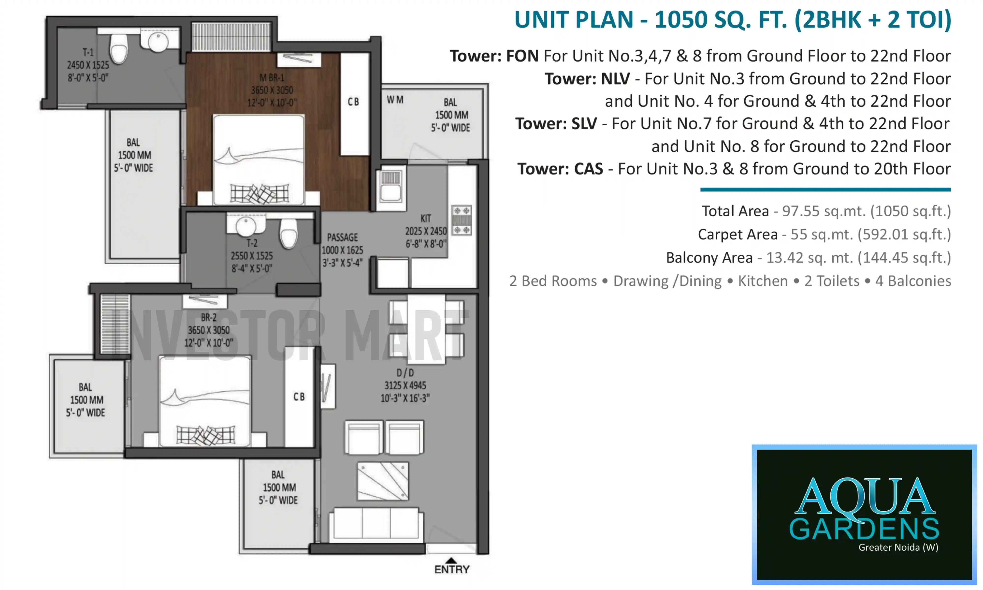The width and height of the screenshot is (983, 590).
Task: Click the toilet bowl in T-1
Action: (118, 48)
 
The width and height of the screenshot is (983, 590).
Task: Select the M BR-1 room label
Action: (272, 77)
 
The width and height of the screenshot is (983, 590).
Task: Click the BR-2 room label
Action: (209, 317)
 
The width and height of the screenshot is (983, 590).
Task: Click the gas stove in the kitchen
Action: (461, 220)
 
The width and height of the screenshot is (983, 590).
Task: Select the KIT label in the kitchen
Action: (426, 218)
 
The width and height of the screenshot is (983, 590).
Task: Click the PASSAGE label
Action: (342, 237)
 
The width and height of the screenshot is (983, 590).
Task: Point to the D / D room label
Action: (405, 372)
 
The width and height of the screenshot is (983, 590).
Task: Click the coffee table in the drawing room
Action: (383, 481)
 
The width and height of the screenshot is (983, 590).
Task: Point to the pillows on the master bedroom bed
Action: (260, 194)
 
